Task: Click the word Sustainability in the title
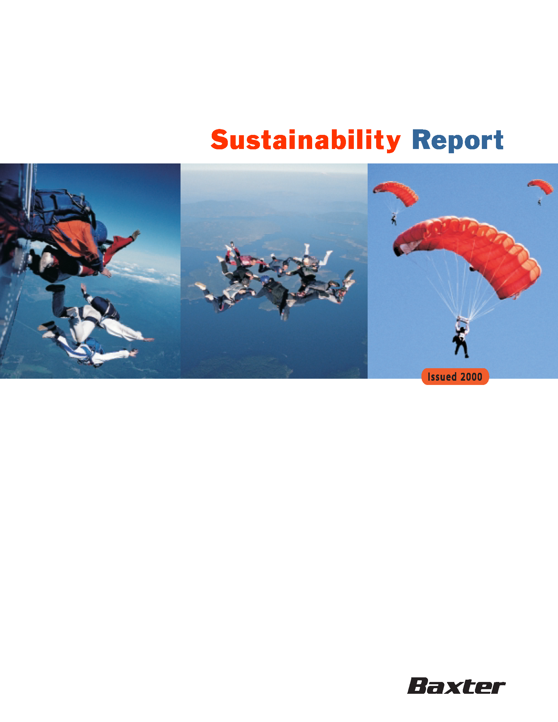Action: pos(306,140)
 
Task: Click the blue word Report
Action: pos(458,140)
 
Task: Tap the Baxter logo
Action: pos(456,686)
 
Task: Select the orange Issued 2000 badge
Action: pos(455,376)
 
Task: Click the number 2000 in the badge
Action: pos(471,376)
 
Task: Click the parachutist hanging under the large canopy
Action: pos(461,341)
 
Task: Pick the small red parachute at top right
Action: pos(540,186)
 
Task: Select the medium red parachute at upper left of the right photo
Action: pos(396,193)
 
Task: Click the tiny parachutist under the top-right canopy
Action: pos(539,202)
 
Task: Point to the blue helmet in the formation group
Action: pos(265,280)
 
